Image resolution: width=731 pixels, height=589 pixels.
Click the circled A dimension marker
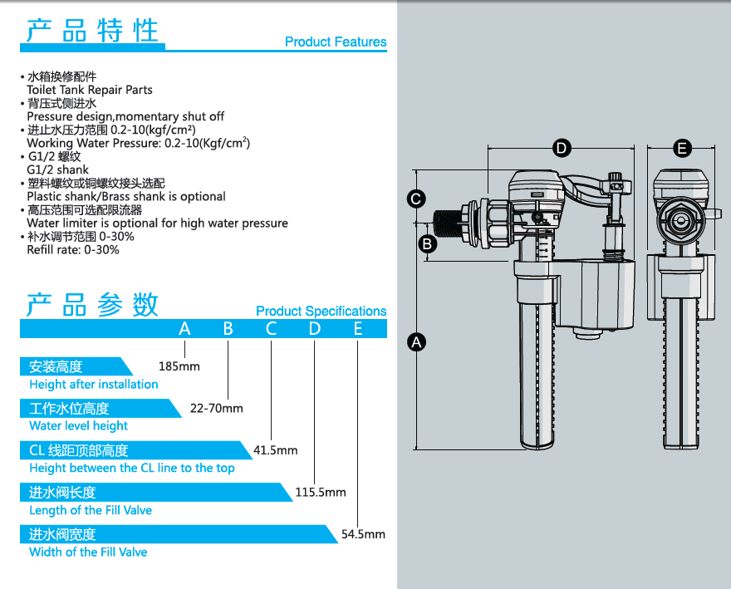pos(418,341)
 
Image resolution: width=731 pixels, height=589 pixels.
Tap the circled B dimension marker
pos(427,244)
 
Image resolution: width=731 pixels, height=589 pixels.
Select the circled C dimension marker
pos(418,199)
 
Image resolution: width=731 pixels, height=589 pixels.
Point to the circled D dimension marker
pos(562,149)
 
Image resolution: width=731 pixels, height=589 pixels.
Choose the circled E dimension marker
pos(682,149)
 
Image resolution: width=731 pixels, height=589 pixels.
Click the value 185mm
pos(179,366)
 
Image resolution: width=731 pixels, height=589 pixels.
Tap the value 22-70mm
pos(217,408)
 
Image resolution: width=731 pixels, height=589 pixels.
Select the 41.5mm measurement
pos(275,450)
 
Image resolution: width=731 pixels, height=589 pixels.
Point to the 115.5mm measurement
pos(321,493)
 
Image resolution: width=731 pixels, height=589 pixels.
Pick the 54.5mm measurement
pos(364,534)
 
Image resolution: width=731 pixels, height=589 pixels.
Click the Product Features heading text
pos(336,42)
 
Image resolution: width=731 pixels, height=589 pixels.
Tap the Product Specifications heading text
pos(321,311)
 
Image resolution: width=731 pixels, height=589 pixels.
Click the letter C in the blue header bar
pos(271,329)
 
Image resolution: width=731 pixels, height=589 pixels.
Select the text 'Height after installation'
pos(93,384)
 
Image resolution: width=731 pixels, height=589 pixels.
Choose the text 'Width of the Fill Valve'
pos(88,552)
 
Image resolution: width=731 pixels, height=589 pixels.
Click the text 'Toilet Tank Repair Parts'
pos(90,90)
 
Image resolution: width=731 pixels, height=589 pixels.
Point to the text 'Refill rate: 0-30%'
pos(73,249)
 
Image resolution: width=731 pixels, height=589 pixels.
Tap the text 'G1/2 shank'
pos(57,169)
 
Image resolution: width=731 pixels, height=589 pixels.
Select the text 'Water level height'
pos(78,425)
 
